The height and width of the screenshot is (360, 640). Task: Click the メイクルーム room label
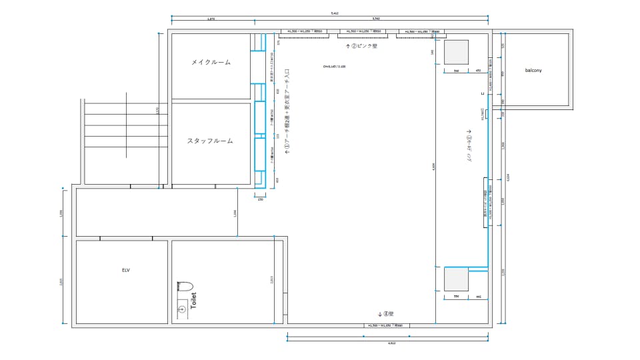[211, 62]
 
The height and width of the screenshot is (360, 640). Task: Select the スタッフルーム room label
[210, 141]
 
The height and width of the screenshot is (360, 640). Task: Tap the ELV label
[125, 270]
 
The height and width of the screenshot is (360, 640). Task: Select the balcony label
[533, 70]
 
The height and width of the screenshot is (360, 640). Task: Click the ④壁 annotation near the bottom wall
[387, 313]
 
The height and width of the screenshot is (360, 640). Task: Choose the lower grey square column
[457, 279]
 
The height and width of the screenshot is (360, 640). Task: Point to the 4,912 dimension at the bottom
[391, 343]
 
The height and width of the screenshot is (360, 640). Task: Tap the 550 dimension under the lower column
[457, 296]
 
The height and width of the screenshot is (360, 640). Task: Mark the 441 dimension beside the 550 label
[478, 296]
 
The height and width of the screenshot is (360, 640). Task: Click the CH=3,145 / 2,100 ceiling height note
[335, 67]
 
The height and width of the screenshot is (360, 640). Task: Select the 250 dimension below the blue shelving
[260, 199]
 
